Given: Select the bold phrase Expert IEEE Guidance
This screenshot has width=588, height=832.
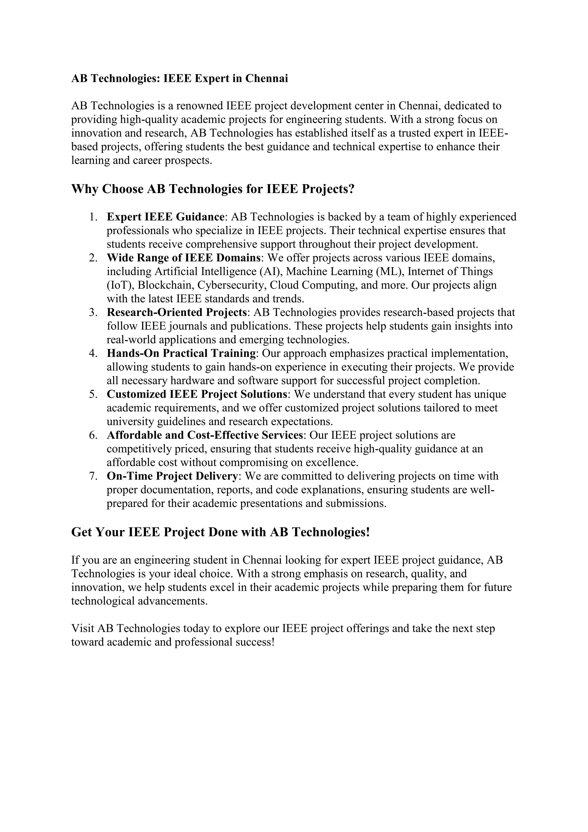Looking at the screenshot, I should tap(165, 217).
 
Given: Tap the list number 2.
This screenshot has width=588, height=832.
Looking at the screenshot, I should tap(93, 258).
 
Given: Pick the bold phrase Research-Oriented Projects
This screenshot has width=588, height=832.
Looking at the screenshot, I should tap(177, 312).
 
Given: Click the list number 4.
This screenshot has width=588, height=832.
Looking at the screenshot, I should tap(93, 353).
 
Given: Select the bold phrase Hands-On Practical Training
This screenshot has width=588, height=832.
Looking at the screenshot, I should tap(181, 353).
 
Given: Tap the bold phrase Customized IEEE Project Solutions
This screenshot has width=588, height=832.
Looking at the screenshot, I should tap(197, 394).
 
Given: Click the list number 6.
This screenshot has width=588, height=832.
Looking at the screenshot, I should tap(93, 435).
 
